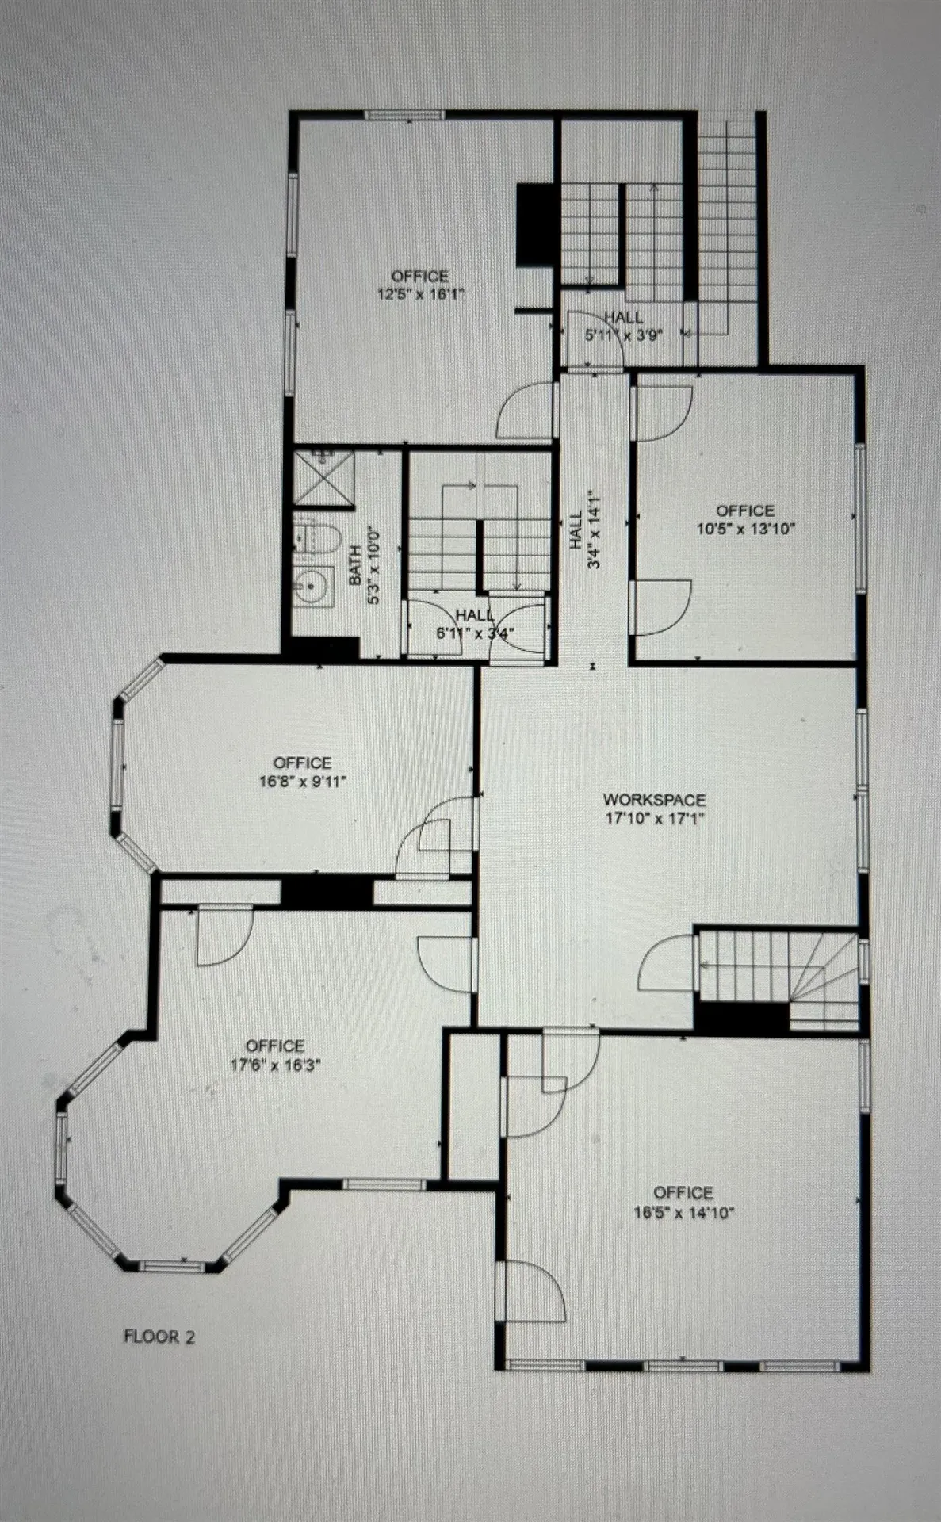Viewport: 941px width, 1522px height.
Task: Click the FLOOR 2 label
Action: (x=159, y=1337)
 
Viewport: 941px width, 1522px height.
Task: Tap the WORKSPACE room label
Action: (x=654, y=800)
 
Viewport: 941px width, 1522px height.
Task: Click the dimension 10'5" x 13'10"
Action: (x=745, y=529)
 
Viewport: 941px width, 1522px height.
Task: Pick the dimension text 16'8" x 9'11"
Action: (x=302, y=781)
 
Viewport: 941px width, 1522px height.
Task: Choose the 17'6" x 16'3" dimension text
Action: (x=275, y=1064)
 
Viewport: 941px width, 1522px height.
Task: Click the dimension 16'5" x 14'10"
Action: (x=683, y=1212)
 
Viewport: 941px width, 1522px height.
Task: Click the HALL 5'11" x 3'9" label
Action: (x=624, y=326)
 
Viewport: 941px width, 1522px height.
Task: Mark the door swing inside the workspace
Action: (x=667, y=967)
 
